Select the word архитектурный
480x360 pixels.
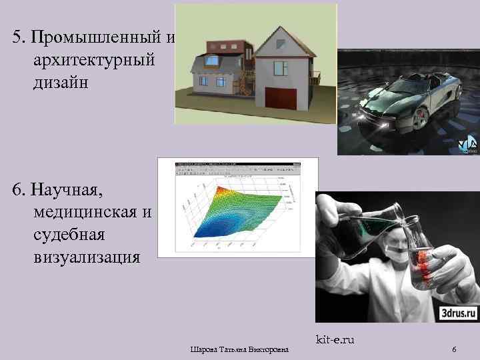[93, 60]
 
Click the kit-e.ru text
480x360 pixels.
[335, 341]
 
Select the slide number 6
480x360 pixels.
[454, 350]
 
